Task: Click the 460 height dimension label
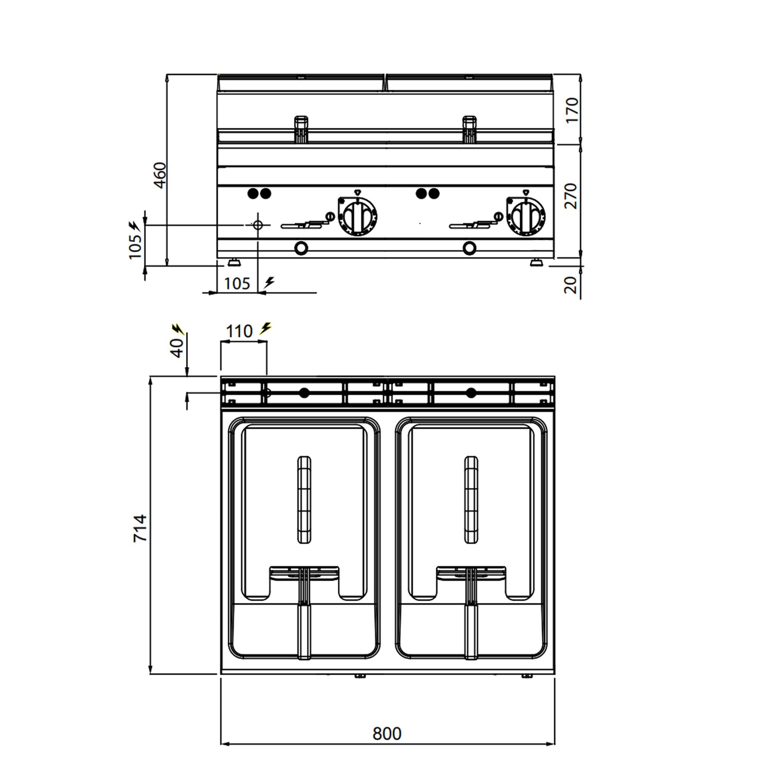160,175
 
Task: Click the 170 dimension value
572,110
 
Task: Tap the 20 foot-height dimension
571,285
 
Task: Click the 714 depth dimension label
140,529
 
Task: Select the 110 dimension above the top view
239,331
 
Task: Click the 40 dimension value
177,348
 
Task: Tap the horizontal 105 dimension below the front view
237,283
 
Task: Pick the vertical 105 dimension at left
135,247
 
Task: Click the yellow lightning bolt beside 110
266,328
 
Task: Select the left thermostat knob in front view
358,217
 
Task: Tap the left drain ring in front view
301,248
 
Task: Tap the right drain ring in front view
470,248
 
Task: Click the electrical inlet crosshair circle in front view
258,225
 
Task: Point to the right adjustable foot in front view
537,262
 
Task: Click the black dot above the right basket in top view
471,393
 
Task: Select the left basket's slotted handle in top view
304,500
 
